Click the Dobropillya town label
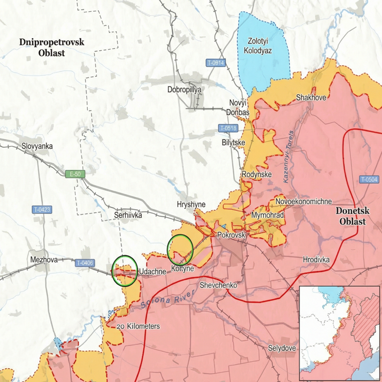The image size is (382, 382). tap(184, 89)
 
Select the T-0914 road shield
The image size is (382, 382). tap(216, 63)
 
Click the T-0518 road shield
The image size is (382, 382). tap(228, 128)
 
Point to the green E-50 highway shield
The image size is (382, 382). tap(75, 174)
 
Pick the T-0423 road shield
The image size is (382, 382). tap(43, 210)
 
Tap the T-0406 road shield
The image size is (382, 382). tap(85, 263)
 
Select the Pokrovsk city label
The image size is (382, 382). tap(230, 234)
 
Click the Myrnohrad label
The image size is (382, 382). tap(268, 215)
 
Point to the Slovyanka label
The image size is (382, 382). tap(37, 146)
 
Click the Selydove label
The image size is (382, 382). tap(282, 348)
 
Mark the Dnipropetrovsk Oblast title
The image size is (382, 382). tap(52, 47)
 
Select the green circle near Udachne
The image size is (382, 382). tap(125, 270)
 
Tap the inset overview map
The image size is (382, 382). tap(339, 334)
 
